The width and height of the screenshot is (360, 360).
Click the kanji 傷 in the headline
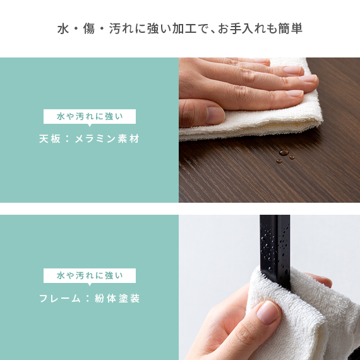click(x=89, y=28)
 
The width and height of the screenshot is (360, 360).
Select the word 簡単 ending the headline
click(x=290, y=28)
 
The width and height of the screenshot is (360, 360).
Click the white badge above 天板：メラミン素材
click(x=90, y=116)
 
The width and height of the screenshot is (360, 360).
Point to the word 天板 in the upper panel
click(x=50, y=139)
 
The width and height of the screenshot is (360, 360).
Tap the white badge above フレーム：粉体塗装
click(x=90, y=275)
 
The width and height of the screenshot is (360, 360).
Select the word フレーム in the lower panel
click(x=60, y=298)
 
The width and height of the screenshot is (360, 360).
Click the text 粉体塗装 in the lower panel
click(x=117, y=298)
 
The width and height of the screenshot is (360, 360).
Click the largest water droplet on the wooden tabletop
click(x=284, y=152)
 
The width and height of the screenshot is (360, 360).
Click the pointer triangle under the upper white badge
click(x=90, y=125)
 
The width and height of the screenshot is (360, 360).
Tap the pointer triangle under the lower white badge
click(x=90, y=284)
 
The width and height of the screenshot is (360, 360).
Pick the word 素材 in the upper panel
click(x=129, y=139)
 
